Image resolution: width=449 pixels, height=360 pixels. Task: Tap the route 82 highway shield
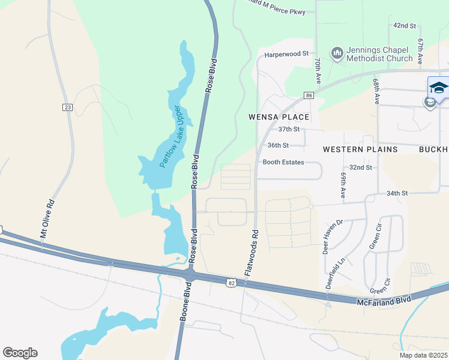point(232,282)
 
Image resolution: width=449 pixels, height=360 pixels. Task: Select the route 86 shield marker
point(309,95)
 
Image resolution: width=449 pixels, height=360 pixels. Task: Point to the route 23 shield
point(67,107)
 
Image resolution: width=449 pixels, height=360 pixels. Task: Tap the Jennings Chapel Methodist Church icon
point(337,53)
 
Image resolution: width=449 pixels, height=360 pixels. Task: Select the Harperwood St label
point(286,54)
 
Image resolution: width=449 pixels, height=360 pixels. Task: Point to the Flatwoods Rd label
point(251,253)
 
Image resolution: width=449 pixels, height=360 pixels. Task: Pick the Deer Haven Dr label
point(332,236)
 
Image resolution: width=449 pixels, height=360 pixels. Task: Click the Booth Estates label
point(283,162)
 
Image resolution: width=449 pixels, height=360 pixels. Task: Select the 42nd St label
point(405,26)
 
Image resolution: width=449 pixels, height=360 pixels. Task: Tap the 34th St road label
point(397,193)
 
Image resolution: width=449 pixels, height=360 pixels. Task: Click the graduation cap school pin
point(438,88)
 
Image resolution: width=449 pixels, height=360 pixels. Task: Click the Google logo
point(20,353)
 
